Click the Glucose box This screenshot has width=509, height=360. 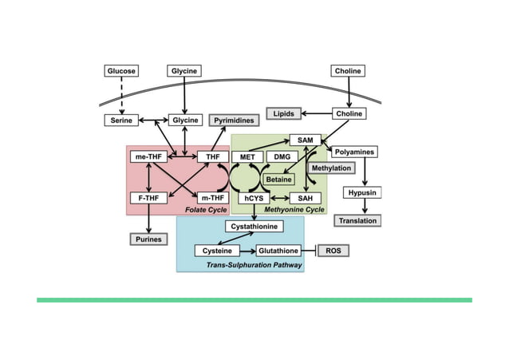point(121,71)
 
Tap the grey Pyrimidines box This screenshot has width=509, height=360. point(235,121)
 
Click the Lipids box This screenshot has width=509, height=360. point(283,114)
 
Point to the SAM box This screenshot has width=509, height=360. point(305,140)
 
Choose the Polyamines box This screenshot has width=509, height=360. point(355,152)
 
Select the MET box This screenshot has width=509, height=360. point(247,157)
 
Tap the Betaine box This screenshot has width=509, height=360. point(279,179)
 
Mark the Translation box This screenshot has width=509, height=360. point(357,220)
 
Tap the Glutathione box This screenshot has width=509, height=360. point(278,251)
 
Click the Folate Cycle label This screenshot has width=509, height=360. point(206,210)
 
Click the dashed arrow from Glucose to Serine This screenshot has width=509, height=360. point(121,96)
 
